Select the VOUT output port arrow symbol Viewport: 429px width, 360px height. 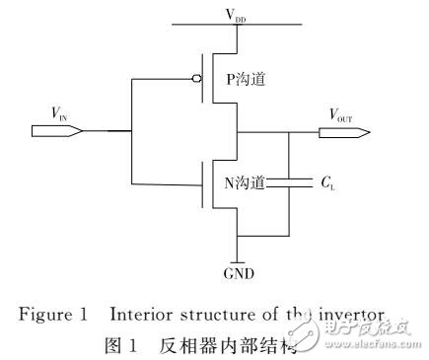coord(349,130)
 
